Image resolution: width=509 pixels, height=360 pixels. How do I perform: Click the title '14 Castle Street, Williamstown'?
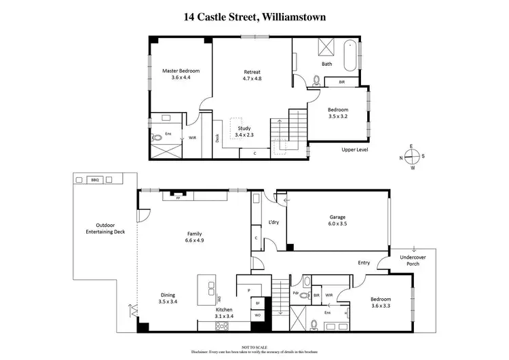point(254,16)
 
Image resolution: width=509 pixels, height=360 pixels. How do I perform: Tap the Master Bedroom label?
point(178,74)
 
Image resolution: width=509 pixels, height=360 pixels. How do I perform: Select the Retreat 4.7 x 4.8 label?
point(252,75)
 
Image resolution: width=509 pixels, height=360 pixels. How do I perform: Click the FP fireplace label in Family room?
point(178,199)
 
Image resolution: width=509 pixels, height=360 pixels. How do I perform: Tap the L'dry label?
point(274,222)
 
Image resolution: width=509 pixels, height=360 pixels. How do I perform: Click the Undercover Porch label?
point(409,260)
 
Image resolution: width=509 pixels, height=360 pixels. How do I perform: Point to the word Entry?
point(364,262)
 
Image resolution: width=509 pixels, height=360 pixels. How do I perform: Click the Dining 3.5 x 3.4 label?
point(167,298)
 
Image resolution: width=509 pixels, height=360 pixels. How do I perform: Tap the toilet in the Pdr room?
point(306,282)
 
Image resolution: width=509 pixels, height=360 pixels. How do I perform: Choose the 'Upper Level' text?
point(352,149)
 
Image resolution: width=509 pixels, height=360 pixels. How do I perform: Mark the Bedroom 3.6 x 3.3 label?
point(380,302)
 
